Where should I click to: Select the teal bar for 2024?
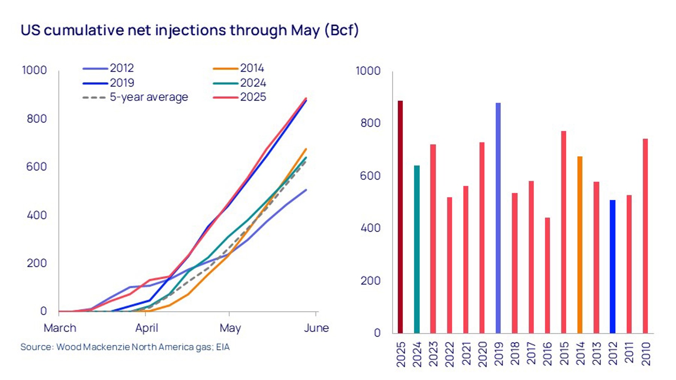tap(416, 249)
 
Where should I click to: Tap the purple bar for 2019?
tap(498, 218)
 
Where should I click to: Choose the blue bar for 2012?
tap(613, 267)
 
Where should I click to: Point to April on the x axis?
tap(146, 328)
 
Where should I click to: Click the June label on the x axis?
tap(316, 328)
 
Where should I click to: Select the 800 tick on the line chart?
tap(37, 119)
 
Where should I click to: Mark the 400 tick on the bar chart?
tap(370, 228)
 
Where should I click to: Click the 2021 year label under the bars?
tap(466, 353)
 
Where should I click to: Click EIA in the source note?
tap(223, 347)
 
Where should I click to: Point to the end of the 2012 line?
tap(306, 190)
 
